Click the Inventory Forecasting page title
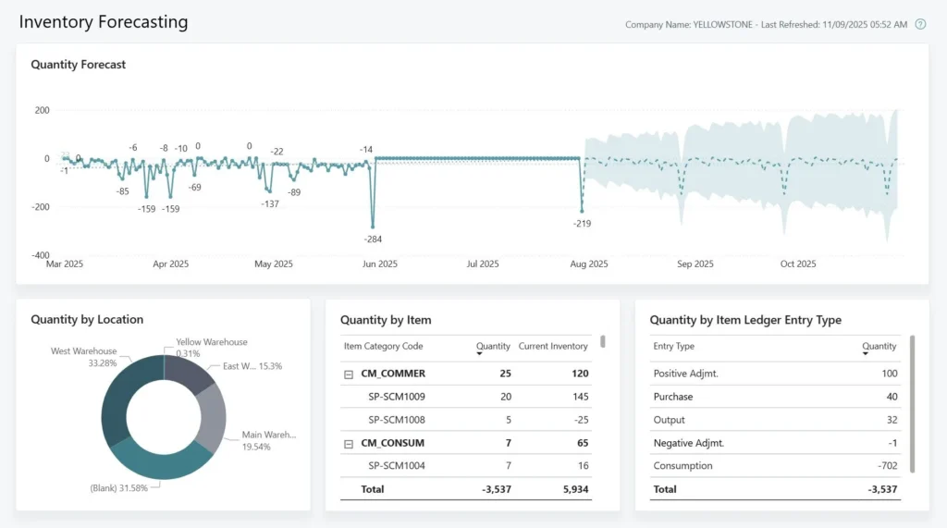(103, 21)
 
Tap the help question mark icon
(920, 24)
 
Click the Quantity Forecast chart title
(79, 65)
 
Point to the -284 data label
(373, 239)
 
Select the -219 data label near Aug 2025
(582, 224)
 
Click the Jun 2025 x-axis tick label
(379, 264)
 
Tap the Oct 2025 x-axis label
(798, 264)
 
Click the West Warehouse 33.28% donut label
(83, 357)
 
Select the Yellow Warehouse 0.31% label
(212, 348)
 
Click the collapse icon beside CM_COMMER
(349, 375)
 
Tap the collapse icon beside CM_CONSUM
(349, 444)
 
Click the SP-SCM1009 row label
(397, 397)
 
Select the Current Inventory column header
(553, 347)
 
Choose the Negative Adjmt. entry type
(687, 443)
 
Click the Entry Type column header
(673, 347)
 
